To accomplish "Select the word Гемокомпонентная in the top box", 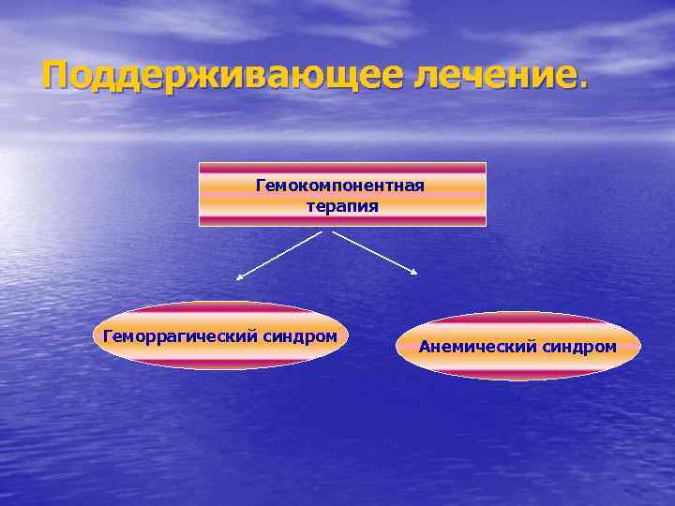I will click(340, 186).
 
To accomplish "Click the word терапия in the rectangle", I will click(342, 205).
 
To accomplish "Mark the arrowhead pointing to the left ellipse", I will click(239, 277).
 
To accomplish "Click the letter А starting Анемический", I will click(425, 347).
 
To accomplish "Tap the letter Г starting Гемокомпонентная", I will click(261, 186).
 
